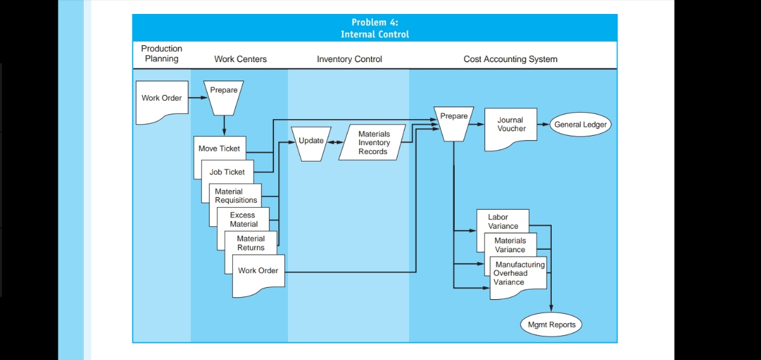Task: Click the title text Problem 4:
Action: point(375,22)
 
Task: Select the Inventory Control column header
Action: point(349,59)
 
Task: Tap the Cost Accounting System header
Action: point(510,59)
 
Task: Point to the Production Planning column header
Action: point(161,54)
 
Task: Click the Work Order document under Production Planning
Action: point(162,98)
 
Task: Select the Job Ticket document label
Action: point(227,172)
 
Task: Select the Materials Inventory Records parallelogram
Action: point(374,143)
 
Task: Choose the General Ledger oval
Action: point(580,124)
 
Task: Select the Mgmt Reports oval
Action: point(552,325)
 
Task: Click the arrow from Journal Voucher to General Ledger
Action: point(543,124)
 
